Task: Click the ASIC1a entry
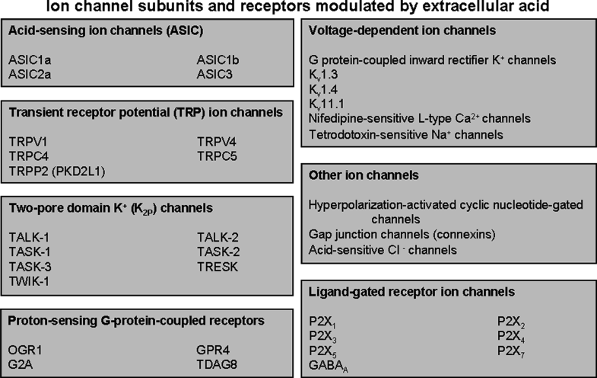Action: tap(28, 59)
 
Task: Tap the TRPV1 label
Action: tap(27, 141)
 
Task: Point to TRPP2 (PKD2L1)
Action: tap(57, 169)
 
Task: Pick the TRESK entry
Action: tap(217, 266)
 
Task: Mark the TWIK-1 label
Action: tap(29, 280)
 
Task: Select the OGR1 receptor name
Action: tap(25, 348)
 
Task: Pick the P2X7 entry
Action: tap(510, 350)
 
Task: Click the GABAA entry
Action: tap(330, 365)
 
